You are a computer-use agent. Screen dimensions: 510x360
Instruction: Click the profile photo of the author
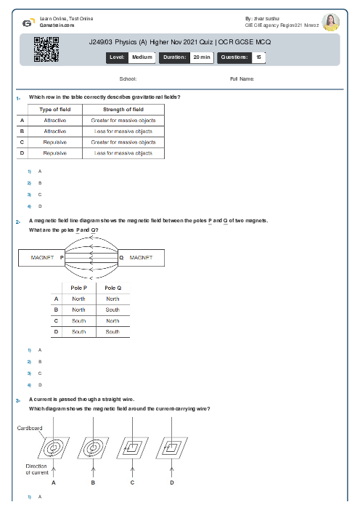(331, 22)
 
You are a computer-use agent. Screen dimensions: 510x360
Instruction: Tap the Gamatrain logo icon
(28, 22)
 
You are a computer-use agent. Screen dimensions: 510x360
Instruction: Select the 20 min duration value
(201, 57)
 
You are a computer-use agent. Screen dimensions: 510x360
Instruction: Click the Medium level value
(142, 57)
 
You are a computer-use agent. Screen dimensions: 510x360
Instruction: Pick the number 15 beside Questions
(258, 57)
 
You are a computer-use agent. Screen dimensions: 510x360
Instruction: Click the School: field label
(128, 78)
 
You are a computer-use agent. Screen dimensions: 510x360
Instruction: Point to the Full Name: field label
(242, 78)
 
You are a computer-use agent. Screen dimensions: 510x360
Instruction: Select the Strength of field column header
(123, 110)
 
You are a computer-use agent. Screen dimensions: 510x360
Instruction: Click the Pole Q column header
(112, 288)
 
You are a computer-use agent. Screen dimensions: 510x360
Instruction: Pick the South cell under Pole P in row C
(78, 320)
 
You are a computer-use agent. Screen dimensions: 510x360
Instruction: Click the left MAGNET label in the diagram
(42, 257)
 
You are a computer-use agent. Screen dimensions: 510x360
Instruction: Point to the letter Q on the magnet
(120, 257)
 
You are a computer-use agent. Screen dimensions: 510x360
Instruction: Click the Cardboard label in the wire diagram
(29, 429)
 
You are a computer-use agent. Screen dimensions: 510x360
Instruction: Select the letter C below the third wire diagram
(132, 482)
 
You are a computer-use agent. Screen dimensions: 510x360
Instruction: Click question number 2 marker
(17, 220)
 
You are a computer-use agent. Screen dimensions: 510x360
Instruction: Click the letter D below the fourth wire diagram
(171, 482)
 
